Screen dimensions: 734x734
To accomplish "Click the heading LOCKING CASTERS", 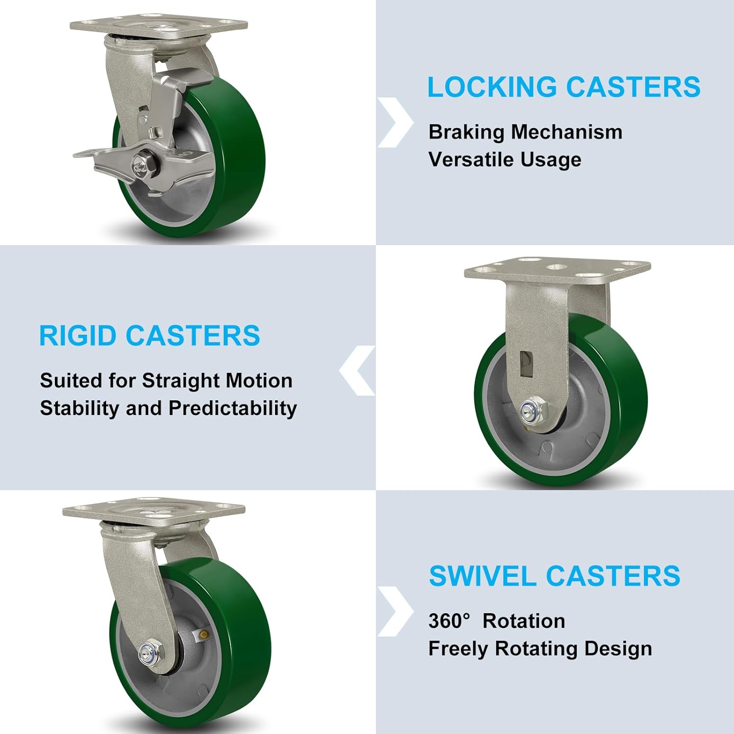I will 564,87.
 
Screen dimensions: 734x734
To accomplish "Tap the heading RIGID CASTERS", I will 149,336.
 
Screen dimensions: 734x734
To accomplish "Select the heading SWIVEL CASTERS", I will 554,575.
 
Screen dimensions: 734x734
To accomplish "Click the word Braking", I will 466,132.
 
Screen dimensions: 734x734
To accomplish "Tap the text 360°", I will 449,621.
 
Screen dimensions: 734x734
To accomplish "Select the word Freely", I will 458,649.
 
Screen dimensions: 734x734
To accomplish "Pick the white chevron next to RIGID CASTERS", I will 358,370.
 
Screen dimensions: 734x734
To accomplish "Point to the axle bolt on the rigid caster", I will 529,409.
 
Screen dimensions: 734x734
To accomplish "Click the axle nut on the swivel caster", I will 148,653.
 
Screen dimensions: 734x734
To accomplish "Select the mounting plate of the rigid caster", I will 557,269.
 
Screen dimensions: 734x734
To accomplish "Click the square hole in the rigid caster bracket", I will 526,364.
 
